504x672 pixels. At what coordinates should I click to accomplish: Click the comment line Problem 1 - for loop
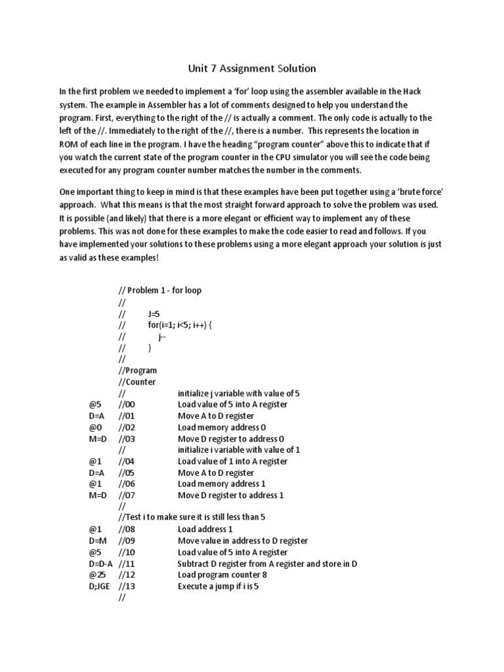165,291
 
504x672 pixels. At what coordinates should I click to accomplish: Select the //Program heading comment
138,371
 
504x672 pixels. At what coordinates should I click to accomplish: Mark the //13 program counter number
126,586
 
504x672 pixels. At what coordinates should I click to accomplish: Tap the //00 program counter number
126,404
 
